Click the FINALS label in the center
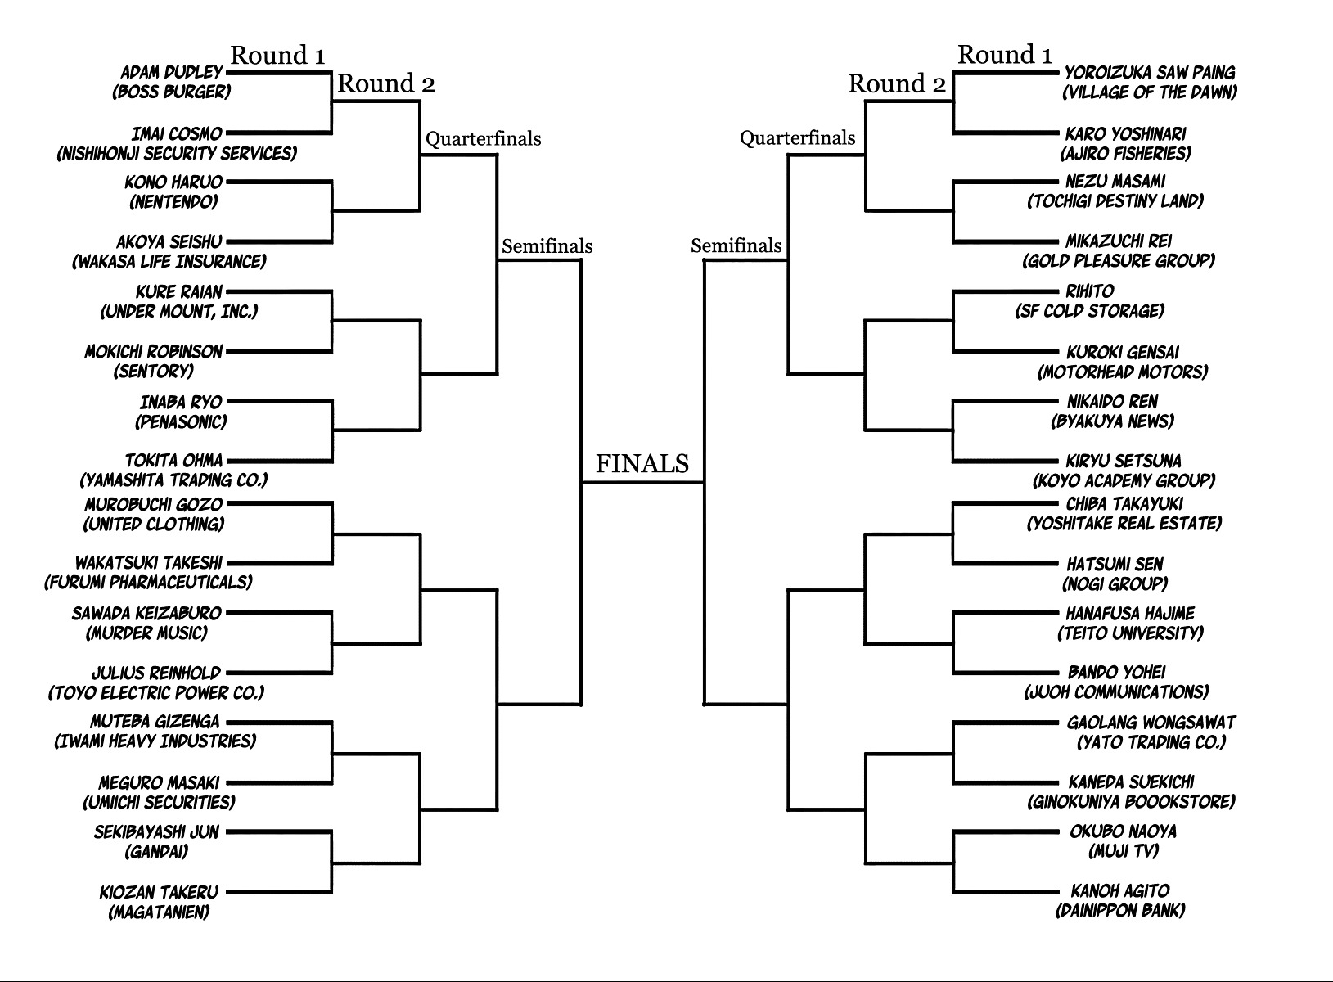point(642,464)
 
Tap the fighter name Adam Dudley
point(171,72)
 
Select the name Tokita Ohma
point(173,461)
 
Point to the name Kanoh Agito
point(1119,890)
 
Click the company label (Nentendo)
point(173,201)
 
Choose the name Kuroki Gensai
point(1122,352)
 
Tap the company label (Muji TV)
point(1124,851)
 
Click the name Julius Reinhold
point(156,673)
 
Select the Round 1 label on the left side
point(277,56)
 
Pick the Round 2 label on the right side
point(897,83)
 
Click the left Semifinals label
point(547,245)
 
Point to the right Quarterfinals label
point(797,138)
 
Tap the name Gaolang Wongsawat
point(1151,723)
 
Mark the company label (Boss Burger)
point(171,92)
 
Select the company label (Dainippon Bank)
point(1119,910)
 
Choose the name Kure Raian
point(178,291)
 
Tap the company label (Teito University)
point(1130,633)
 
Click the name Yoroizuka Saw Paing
point(1149,72)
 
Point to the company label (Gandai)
point(156,851)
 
